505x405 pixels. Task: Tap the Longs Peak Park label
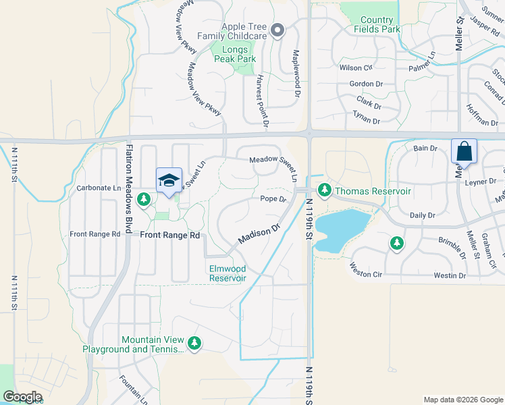pos(236,54)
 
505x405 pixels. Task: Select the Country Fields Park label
pos(380,25)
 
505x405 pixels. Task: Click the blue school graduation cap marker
pos(169,180)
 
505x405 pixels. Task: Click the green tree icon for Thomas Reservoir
pos(324,191)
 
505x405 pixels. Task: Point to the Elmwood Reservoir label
pos(227,273)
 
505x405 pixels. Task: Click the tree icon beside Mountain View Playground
pos(194,344)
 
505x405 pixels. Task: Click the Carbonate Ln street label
pos(99,188)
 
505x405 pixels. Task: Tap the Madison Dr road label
pos(259,236)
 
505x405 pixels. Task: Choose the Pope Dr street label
pos(273,199)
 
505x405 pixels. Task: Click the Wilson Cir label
pos(356,68)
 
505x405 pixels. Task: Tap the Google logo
pos(22,397)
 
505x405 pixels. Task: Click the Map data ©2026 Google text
pos(462,400)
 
